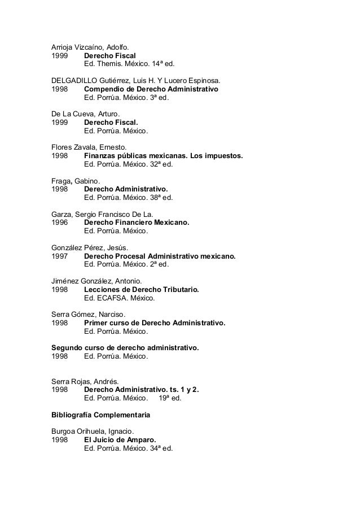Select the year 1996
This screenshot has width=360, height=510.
click(x=60, y=222)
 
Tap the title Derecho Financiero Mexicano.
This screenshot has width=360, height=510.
click(x=137, y=222)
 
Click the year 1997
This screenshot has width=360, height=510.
click(x=60, y=255)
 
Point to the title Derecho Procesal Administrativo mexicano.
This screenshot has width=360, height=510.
click(x=160, y=255)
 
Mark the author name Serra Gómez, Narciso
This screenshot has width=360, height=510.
click(x=89, y=313)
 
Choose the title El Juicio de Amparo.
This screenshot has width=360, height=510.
click(x=120, y=439)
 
